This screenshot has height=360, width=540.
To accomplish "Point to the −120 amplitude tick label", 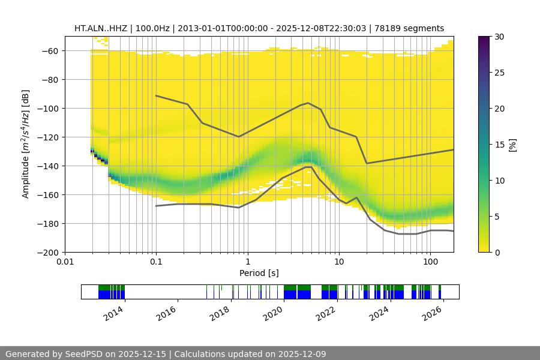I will (x=49, y=137).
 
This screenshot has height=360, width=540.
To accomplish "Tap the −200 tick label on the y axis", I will (x=49, y=253).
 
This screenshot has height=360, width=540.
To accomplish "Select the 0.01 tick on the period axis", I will (x=65, y=262).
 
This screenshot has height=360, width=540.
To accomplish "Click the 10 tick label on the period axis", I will (x=339, y=262).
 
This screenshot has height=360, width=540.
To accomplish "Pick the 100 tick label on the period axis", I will (x=430, y=262).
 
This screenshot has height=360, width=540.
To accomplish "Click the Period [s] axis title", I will (x=259, y=273).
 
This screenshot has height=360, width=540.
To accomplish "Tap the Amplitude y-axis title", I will (x=25, y=144).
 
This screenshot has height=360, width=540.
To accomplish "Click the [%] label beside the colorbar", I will (x=512, y=145).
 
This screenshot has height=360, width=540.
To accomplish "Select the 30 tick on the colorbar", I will (x=499, y=37).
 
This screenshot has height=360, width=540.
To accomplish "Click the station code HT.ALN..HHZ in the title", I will (x=99, y=28).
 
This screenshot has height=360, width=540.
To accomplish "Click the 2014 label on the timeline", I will (x=113, y=313).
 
